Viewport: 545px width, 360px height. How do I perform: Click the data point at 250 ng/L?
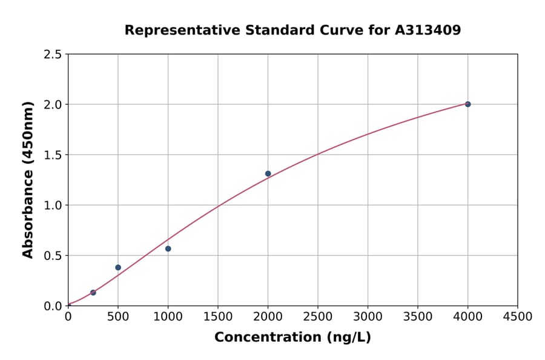(x=93, y=293)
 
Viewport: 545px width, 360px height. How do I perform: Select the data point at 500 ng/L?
(x=118, y=267)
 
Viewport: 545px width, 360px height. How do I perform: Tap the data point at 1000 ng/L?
(x=168, y=248)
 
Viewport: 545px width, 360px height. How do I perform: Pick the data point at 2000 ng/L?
(x=268, y=174)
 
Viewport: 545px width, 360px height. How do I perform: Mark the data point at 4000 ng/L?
(x=468, y=104)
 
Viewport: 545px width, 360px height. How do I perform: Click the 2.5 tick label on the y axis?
(x=53, y=55)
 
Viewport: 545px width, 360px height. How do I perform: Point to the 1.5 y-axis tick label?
(x=53, y=155)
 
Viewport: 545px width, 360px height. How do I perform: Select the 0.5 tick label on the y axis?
(x=53, y=256)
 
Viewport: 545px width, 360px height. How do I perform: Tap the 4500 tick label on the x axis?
(x=518, y=317)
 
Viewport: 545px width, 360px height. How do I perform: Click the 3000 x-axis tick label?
(x=368, y=317)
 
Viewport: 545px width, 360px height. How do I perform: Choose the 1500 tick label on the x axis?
(x=218, y=317)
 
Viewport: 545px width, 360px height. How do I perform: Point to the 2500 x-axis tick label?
(x=318, y=317)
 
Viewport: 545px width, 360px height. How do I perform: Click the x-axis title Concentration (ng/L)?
(x=292, y=338)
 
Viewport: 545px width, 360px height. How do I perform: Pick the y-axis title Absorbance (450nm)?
(x=28, y=180)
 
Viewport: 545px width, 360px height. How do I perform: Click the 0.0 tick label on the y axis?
(x=53, y=306)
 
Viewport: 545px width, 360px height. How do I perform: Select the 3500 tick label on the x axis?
(x=418, y=317)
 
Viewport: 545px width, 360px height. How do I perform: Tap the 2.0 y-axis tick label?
(x=53, y=105)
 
